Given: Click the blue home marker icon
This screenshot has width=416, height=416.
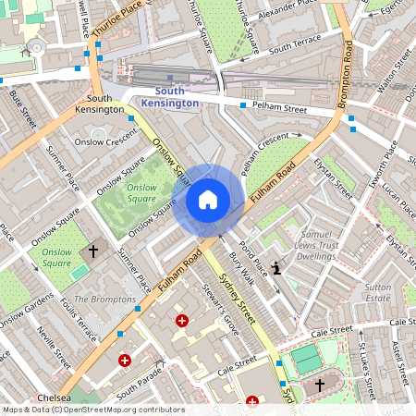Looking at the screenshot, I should tap(208, 199).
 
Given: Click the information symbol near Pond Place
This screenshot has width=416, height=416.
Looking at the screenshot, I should tap(278, 267).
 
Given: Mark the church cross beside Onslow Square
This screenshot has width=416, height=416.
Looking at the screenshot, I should tap(92, 251).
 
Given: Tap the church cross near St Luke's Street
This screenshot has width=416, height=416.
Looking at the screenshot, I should tap(321, 384).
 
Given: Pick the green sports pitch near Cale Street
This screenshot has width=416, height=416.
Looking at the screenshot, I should tap(308, 359).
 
